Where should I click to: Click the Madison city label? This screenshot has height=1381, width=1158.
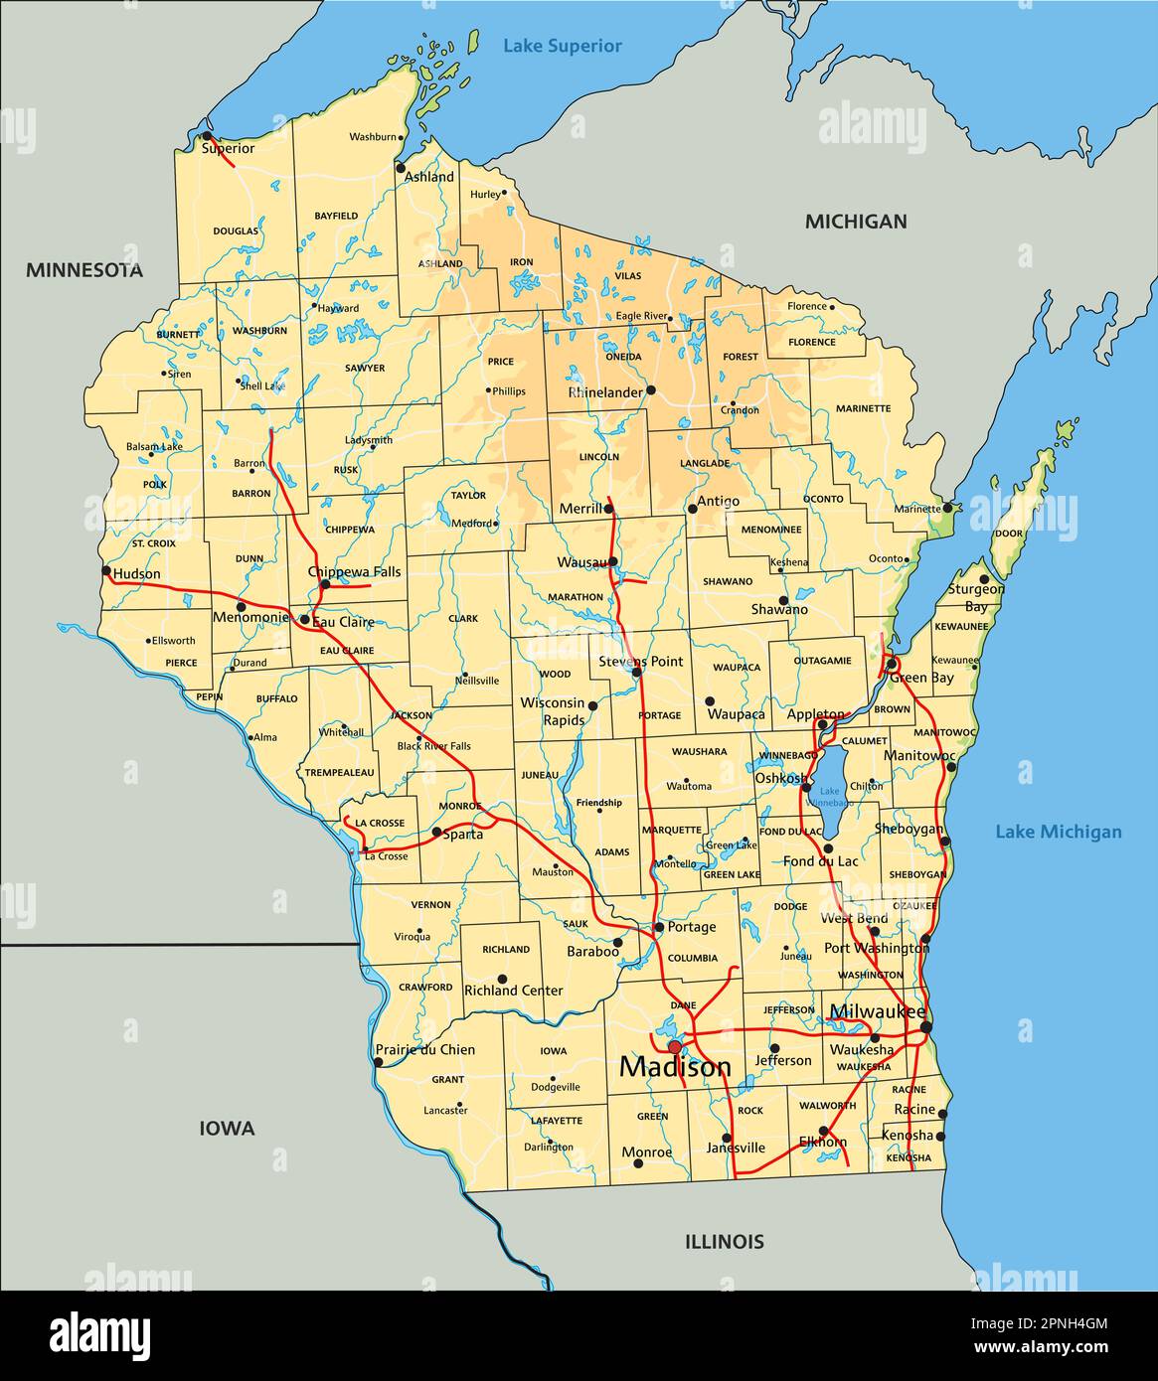(675, 1068)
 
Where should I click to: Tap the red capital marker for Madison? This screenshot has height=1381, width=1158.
(674, 1046)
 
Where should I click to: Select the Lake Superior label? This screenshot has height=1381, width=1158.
(562, 46)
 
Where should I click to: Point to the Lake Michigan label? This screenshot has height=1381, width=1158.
(1058, 833)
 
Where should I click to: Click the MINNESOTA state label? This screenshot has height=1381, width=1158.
(84, 270)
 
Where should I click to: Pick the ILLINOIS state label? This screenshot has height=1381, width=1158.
(724, 1241)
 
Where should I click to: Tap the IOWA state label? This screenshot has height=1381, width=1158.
(227, 1129)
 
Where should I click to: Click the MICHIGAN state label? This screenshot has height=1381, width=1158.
(855, 222)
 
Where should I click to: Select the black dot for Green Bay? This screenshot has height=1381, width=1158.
(892, 663)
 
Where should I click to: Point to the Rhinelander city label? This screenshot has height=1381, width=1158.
(605, 392)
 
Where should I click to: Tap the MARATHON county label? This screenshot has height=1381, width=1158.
(575, 597)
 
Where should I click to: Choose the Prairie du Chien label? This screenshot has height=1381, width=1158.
(425, 1049)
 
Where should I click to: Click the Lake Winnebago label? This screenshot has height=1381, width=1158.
(828, 796)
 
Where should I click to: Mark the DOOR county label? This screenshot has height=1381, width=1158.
(1008, 534)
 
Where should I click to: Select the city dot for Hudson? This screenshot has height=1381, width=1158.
(106, 571)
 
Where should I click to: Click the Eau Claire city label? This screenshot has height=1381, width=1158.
(344, 622)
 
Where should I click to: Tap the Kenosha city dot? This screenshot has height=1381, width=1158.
(940, 1136)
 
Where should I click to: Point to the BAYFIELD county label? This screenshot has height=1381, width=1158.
(336, 216)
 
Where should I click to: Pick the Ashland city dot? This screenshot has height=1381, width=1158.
(401, 168)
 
